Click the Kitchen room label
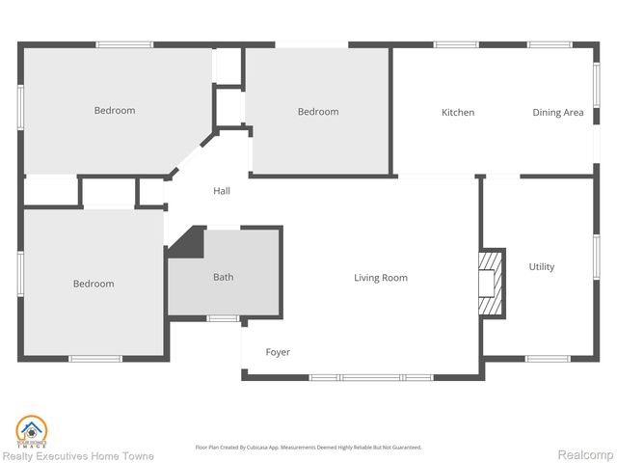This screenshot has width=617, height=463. pyautogui.click(x=458, y=113)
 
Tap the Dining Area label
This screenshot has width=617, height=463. pyautogui.click(x=558, y=113)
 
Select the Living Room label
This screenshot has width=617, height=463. pyautogui.click(x=380, y=278)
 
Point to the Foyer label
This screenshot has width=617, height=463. pyautogui.click(x=278, y=352)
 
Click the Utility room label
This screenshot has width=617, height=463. pyautogui.click(x=542, y=267)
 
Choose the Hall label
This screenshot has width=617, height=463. pyautogui.click(x=222, y=191)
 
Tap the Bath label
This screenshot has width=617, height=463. pyautogui.click(x=223, y=278)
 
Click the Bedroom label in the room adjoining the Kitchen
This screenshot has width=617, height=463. pyautogui.click(x=317, y=112)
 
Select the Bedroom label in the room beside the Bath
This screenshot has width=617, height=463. pyautogui.click(x=94, y=284)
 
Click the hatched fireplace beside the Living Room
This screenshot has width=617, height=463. pyautogui.click(x=491, y=282)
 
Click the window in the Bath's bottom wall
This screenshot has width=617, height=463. pyautogui.click(x=223, y=318)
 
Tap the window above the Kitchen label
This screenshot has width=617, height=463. pyautogui.click(x=456, y=44)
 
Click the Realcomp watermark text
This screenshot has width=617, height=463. pyautogui.click(x=587, y=454)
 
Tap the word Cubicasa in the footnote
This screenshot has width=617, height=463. pyautogui.click(x=281, y=448)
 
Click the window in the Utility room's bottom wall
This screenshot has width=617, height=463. pyautogui.click(x=546, y=359)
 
